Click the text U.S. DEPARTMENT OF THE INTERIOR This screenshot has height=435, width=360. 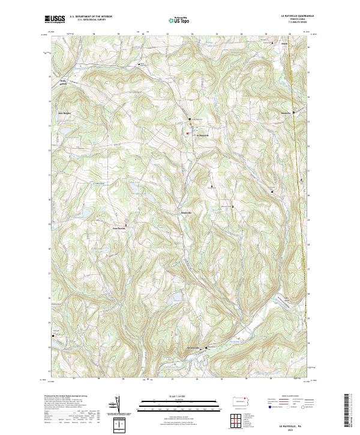(x=91, y=17)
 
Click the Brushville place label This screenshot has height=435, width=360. (x=187, y=212)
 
